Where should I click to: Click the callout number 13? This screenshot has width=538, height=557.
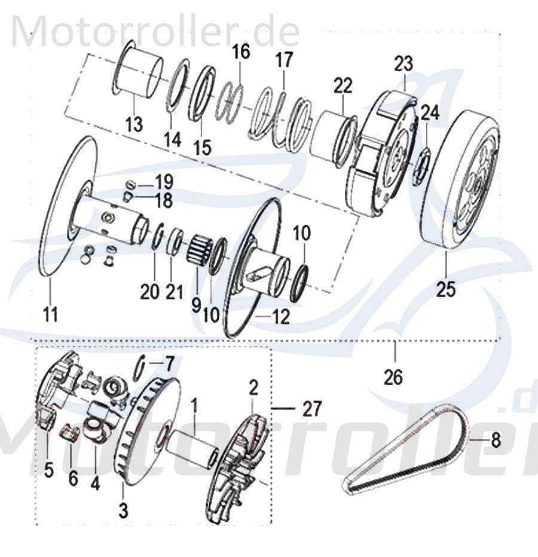134,124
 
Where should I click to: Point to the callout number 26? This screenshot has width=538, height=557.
393,377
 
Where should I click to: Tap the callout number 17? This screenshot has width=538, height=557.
285,60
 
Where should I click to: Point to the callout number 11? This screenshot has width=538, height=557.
51,314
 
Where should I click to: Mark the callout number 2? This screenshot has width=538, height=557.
253,388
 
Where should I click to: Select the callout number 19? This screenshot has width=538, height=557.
163,180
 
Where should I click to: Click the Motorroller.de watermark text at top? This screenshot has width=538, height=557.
155,33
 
